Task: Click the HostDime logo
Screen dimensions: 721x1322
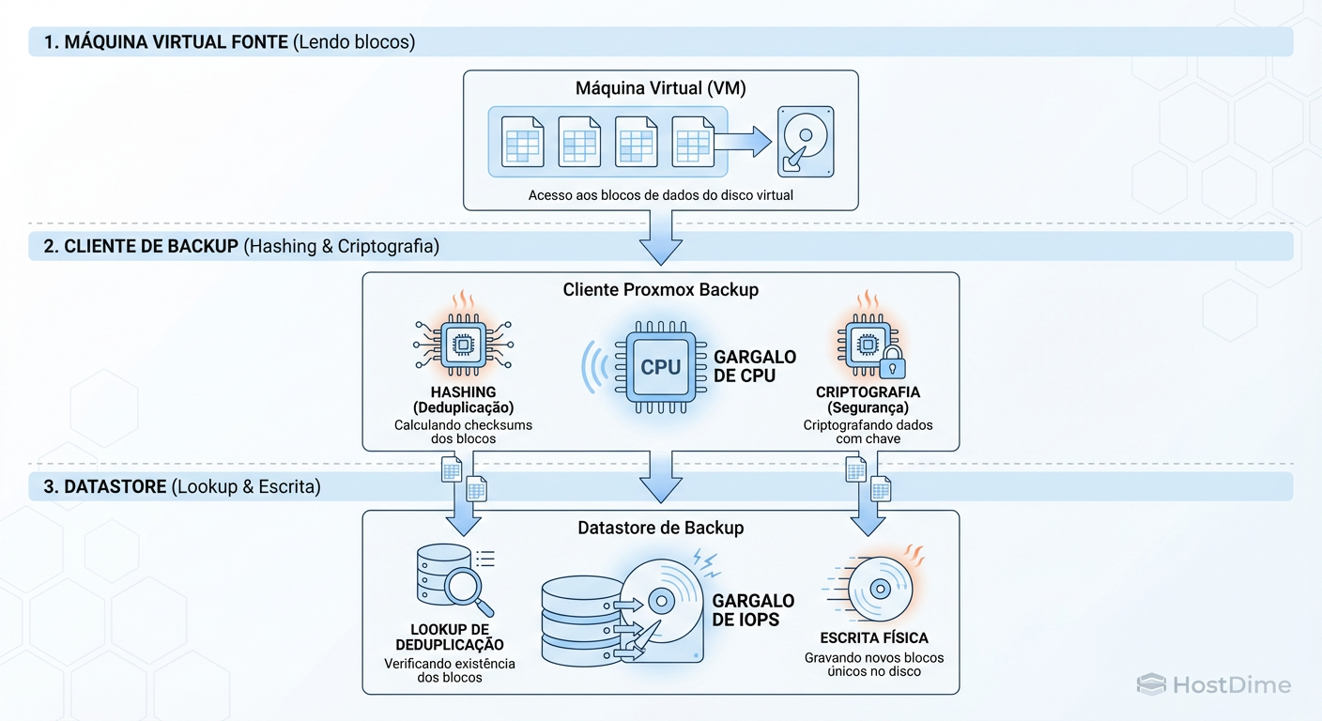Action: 1213,684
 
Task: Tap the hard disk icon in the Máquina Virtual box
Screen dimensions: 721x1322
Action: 806,142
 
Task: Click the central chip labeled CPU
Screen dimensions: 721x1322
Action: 660,367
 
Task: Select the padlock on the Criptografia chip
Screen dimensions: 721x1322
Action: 891,362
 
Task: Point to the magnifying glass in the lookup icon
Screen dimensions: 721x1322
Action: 463,588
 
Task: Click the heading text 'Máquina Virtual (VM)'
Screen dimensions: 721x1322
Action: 660,89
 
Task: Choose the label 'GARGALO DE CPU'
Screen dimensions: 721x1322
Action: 755,367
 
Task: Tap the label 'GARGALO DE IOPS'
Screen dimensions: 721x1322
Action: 753,610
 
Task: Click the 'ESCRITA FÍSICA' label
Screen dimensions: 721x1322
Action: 873,638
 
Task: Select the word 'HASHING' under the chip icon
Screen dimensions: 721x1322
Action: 463,391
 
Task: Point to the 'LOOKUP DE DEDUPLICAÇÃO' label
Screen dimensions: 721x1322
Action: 449,637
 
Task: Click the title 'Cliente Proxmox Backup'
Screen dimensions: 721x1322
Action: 660,290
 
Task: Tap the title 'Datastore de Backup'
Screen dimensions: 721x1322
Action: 660,528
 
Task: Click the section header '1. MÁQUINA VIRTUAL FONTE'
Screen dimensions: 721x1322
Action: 166,42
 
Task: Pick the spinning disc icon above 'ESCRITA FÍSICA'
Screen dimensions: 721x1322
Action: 879,590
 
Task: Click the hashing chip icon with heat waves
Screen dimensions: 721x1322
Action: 463,345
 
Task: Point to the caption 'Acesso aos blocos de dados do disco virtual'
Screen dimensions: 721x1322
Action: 660,195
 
